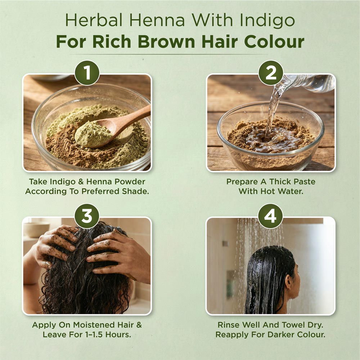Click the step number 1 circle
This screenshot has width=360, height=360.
(x=87, y=73)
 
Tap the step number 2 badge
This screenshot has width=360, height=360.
(x=271, y=73)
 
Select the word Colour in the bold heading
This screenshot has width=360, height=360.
(x=274, y=42)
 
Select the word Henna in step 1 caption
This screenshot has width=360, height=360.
(x=94, y=182)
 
